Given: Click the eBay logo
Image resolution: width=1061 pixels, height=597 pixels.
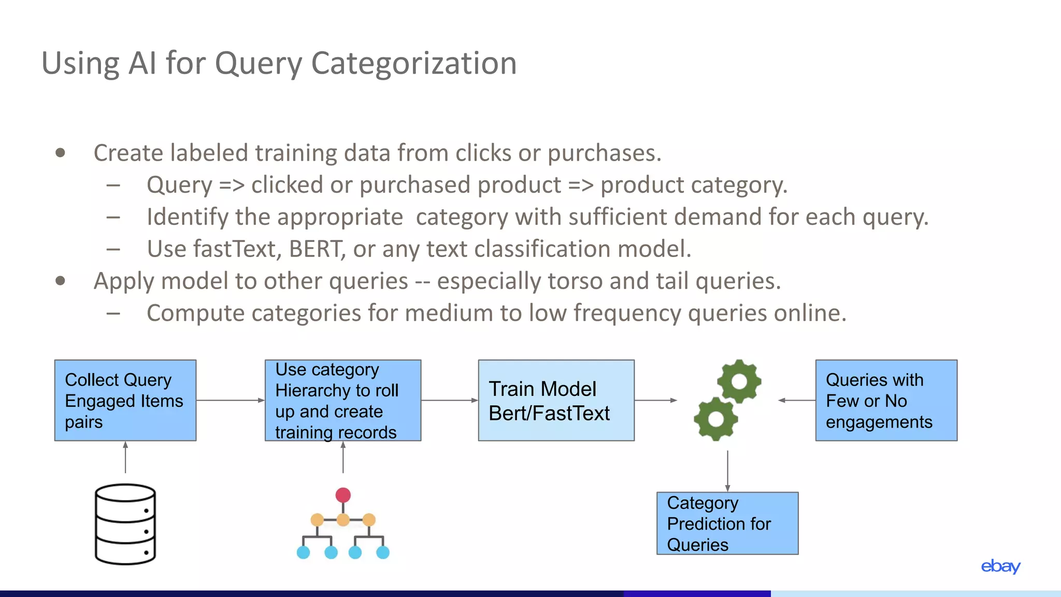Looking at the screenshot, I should tap(1000, 566).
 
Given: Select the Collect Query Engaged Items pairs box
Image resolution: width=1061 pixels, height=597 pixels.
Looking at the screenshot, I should tap(125, 401).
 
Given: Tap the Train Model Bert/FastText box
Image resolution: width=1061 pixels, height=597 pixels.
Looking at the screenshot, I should tap(556, 401).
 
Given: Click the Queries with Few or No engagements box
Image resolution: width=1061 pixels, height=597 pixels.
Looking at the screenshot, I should tap(886, 401).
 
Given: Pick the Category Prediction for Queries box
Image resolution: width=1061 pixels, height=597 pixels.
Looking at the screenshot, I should tap(727, 523).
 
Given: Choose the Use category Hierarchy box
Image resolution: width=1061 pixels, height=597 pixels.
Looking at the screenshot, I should tap(342, 401).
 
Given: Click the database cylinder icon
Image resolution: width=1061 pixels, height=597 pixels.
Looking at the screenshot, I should tap(125, 524).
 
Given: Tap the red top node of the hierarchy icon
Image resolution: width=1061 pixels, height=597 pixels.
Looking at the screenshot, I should tap(343, 495).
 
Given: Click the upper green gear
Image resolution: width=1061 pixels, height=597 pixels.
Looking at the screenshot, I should tap(739, 381).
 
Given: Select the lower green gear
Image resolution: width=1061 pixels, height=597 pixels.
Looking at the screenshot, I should tap(716, 419).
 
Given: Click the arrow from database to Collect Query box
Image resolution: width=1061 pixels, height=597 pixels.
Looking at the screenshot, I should tap(125, 457).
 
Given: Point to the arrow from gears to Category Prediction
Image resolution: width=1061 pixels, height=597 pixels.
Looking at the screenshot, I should tap(727, 471).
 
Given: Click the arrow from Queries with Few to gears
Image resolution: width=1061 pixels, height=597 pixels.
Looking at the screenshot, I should tap(797, 400).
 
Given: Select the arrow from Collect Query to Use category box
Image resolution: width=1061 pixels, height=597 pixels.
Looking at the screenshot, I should tap(230, 400).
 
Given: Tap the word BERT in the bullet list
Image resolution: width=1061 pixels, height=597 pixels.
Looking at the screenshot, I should tap(317, 249).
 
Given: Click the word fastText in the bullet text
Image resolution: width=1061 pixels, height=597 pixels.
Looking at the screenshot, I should tap(236, 249).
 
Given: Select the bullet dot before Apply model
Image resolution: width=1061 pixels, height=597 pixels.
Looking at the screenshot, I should tap(61, 281).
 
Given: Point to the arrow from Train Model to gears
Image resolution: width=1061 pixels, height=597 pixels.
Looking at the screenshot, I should tap(655, 400).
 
